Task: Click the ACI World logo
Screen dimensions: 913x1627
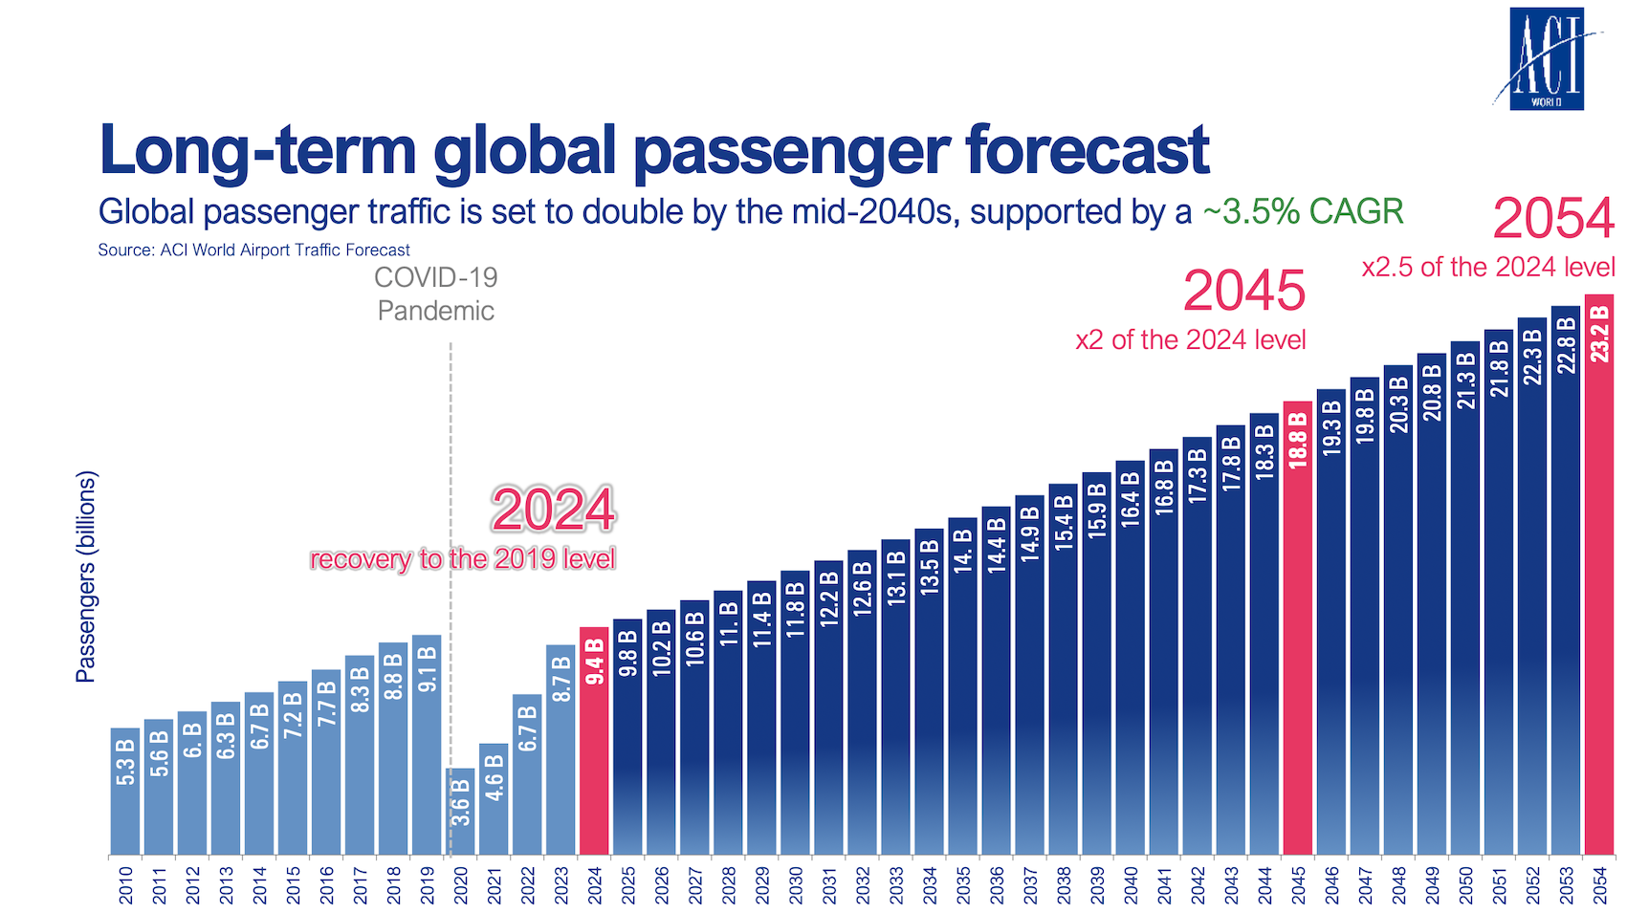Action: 1546,59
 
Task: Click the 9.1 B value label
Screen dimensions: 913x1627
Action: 428,668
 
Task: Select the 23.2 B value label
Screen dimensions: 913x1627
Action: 1599,335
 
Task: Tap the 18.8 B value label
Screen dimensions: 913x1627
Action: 1298,440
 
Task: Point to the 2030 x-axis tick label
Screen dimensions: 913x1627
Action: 796,885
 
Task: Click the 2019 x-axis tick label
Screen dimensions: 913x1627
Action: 428,885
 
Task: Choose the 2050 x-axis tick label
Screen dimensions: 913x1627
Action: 1465,885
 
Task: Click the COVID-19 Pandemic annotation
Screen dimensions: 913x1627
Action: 436,294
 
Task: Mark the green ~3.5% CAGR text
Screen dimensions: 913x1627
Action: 1303,212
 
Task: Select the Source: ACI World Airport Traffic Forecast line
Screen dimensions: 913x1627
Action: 253,250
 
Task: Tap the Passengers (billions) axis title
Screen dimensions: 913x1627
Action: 86,576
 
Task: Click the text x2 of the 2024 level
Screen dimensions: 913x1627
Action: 1190,340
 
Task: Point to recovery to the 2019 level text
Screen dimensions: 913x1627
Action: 462,559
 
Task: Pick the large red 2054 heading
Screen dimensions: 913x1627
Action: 1553,219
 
